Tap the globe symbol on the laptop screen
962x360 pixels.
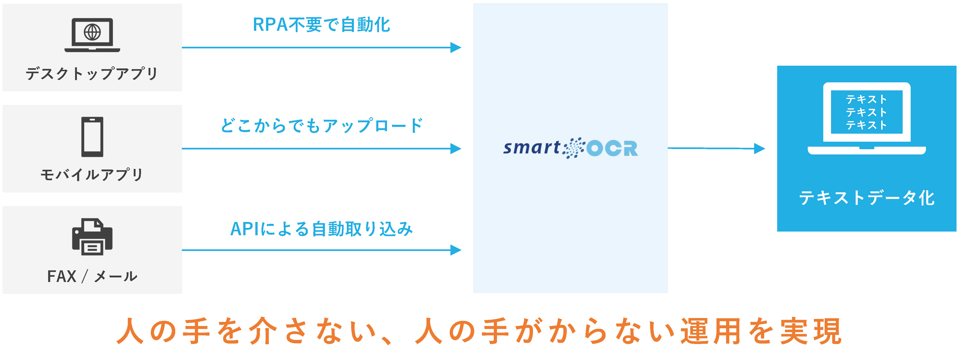pyautogui.click(x=92, y=32)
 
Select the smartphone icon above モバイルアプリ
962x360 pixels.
pyautogui.click(x=92, y=137)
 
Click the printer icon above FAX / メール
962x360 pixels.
pyautogui.click(x=92, y=237)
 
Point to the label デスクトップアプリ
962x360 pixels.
pyautogui.click(x=92, y=73)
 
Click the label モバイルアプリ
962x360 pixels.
pyautogui.click(x=92, y=174)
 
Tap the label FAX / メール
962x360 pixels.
pyautogui.click(x=92, y=276)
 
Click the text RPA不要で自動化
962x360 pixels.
pyautogui.click(x=322, y=25)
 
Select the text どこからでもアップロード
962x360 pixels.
pyautogui.click(x=322, y=125)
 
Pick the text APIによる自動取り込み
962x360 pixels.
pyautogui.click(x=322, y=229)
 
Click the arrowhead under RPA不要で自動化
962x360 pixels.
pyautogui.click(x=456, y=47)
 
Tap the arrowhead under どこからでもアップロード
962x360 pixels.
pyautogui.click(x=456, y=149)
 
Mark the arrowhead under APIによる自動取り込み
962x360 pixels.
pyautogui.click(x=456, y=250)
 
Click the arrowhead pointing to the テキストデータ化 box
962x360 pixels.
pyautogui.click(x=760, y=149)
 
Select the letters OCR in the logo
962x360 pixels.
pyautogui.click(x=612, y=148)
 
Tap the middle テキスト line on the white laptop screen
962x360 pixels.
pyautogui.click(x=866, y=112)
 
